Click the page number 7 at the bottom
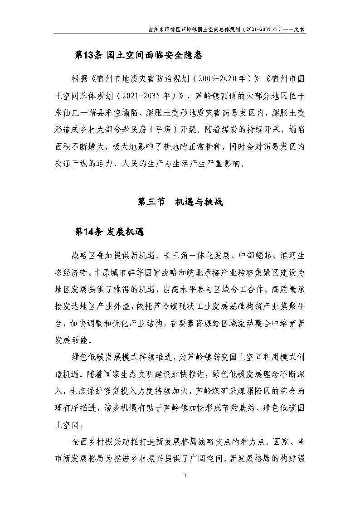[x=180, y=475]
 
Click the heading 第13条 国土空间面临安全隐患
[x=137, y=56]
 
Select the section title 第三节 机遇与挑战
[x=180, y=202]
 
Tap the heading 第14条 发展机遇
[x=109, y=232]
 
